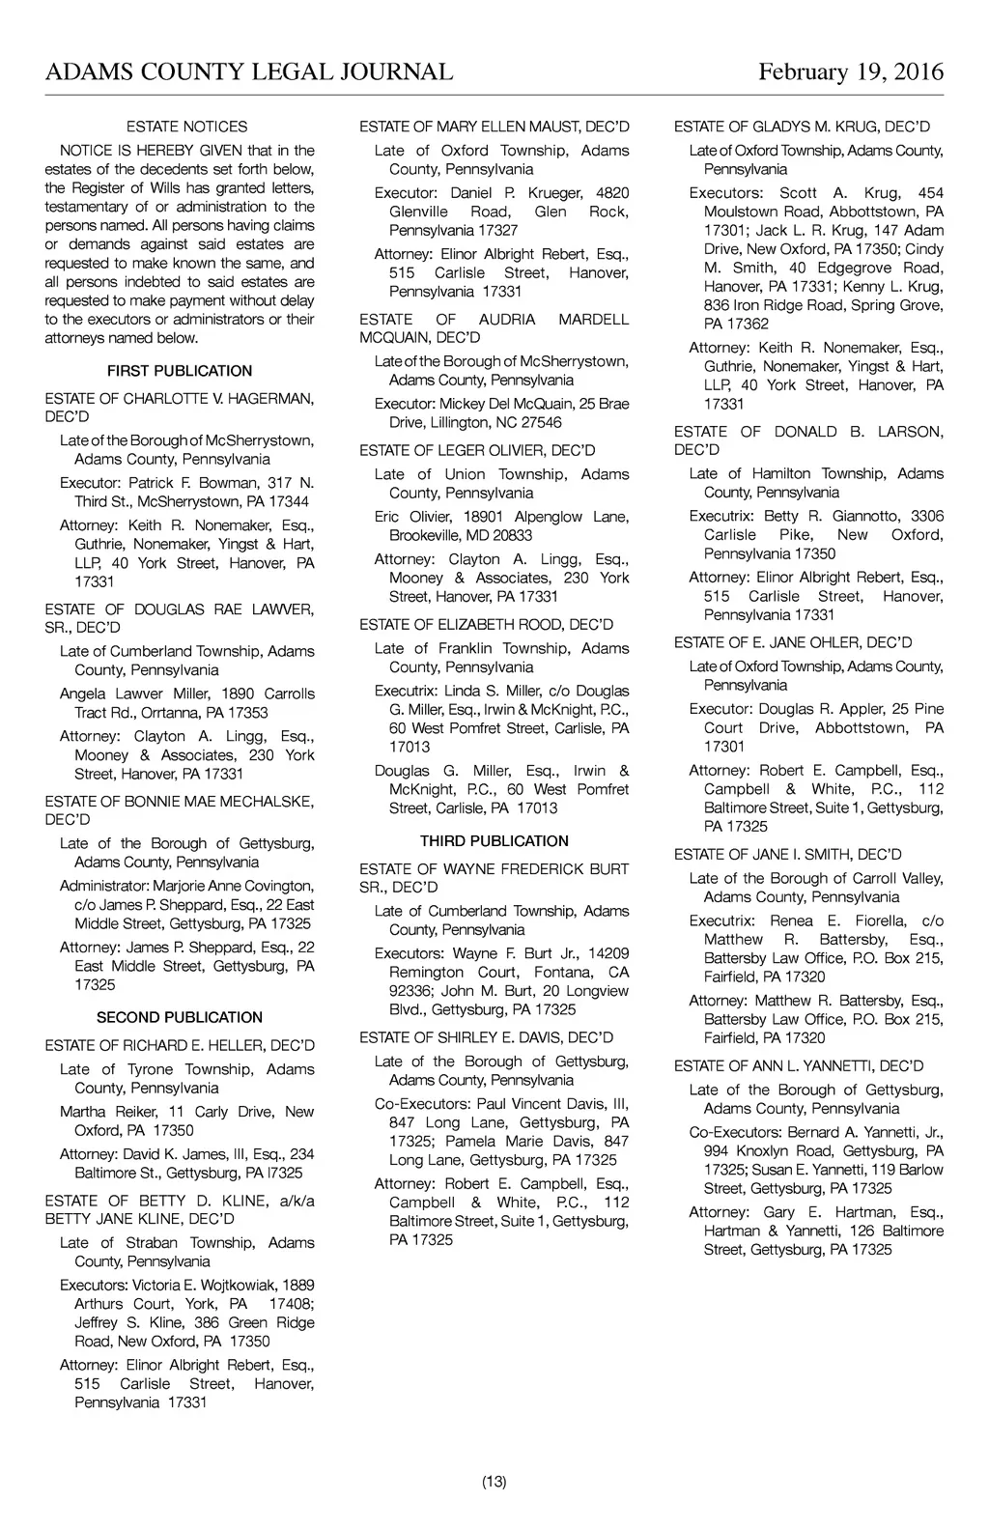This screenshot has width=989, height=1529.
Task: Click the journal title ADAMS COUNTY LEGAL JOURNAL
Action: pyautogui.click(x=249, y=72)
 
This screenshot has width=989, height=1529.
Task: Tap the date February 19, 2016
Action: pyautogui.click(x=850, y=72)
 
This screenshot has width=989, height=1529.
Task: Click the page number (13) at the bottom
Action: pyautogui.click(x=494, y=1482)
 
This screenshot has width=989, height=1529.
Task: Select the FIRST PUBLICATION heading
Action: pyautogui.click(x=180, y=371)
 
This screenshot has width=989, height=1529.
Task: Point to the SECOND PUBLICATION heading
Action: pyautogui.click(x=180, y=1017)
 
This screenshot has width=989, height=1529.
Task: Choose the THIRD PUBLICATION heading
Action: pyautogui.click(x=494, y=841)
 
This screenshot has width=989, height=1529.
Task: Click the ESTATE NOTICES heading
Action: pyautogui.click(x=187, y=127)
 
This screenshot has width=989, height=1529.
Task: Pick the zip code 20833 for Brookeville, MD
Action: pyautogui.click(x=512, y=535)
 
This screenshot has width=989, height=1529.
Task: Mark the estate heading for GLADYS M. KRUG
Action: pyautogui.click(x=802, y=127)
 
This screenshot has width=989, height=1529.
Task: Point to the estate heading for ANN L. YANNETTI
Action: pyautogui.click(x=799, y=1066)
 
